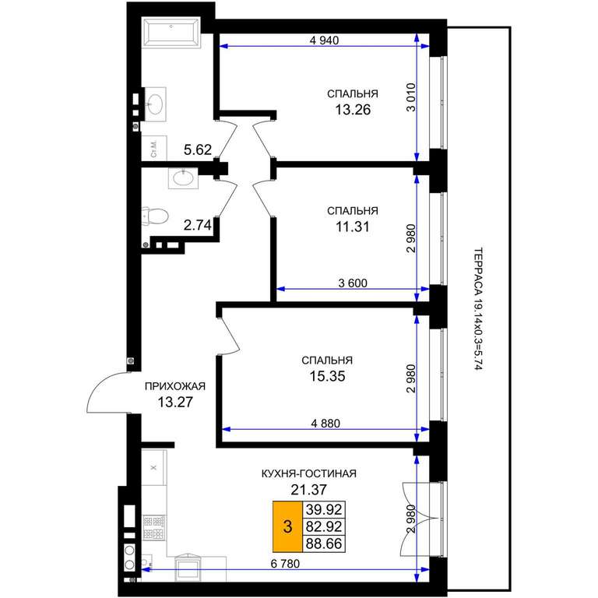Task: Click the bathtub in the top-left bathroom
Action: click(x=171, y=32)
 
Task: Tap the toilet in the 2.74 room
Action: click(x=155, y=216)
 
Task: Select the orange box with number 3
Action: click(x=287, y=526)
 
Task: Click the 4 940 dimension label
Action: click(x=324, y=40)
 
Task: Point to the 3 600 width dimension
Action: click(x=353, y=283)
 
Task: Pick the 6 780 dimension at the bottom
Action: click(x=285, y=563)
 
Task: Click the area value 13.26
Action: click(x=353, y=110)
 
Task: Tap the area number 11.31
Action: click(x=353, y=227)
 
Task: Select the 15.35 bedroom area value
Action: click(x=327, y=376)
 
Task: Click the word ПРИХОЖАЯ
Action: click(x=175, y=386)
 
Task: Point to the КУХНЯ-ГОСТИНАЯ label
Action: click(x=309, y=473)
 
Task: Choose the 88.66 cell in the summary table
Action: click(x=324, y=543)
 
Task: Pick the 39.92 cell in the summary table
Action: click(x=324, y=509)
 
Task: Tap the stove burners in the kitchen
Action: click(x=154, y=527)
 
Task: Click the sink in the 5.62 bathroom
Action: click(x=155, y=104)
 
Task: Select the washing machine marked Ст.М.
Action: click(x=154, y=148)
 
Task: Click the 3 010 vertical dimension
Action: click(x=411, y=97)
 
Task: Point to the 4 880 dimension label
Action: click(x=325, y=424)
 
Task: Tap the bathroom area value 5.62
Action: click(x=198, y=149)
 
